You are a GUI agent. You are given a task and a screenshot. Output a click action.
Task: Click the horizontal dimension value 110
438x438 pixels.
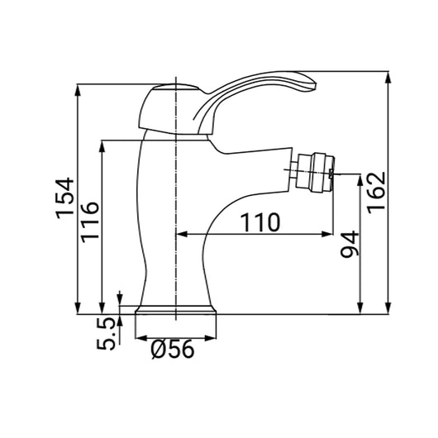pos(259,221)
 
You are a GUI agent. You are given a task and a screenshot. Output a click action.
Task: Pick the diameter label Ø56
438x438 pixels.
pos(174,351)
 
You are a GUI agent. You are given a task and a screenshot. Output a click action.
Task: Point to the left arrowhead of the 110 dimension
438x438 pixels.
pos(183,235)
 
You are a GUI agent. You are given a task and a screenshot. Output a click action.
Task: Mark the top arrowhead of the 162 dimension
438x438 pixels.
pos(388,75)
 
